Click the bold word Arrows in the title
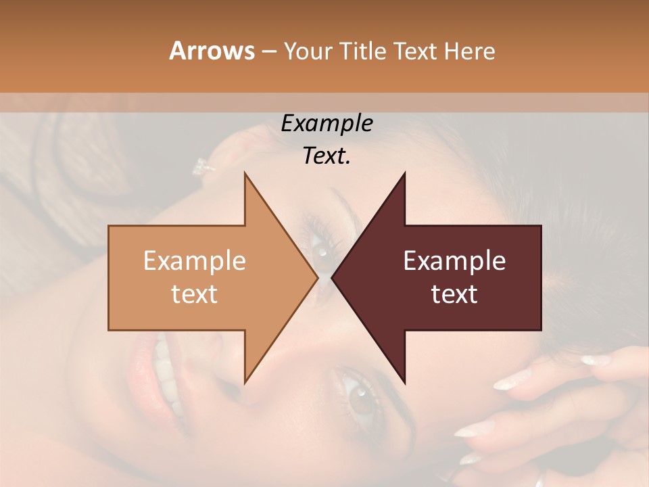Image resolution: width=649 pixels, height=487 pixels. coord(212,51)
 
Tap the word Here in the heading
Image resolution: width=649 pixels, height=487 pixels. coord(470,51)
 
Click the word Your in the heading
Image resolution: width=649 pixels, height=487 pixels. coord(308,51)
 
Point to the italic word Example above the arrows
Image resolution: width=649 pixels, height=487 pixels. coord(327,124)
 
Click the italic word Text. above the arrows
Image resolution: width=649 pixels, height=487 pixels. coord(327,156)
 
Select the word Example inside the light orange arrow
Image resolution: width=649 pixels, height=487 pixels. coord(195,261)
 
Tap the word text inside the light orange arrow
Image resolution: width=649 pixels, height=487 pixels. coord(195,294)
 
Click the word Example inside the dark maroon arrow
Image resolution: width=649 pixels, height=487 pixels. coord(454,261)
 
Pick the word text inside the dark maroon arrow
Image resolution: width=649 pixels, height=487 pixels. coord(454,294)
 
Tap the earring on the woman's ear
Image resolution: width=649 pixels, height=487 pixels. coord(201,165)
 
